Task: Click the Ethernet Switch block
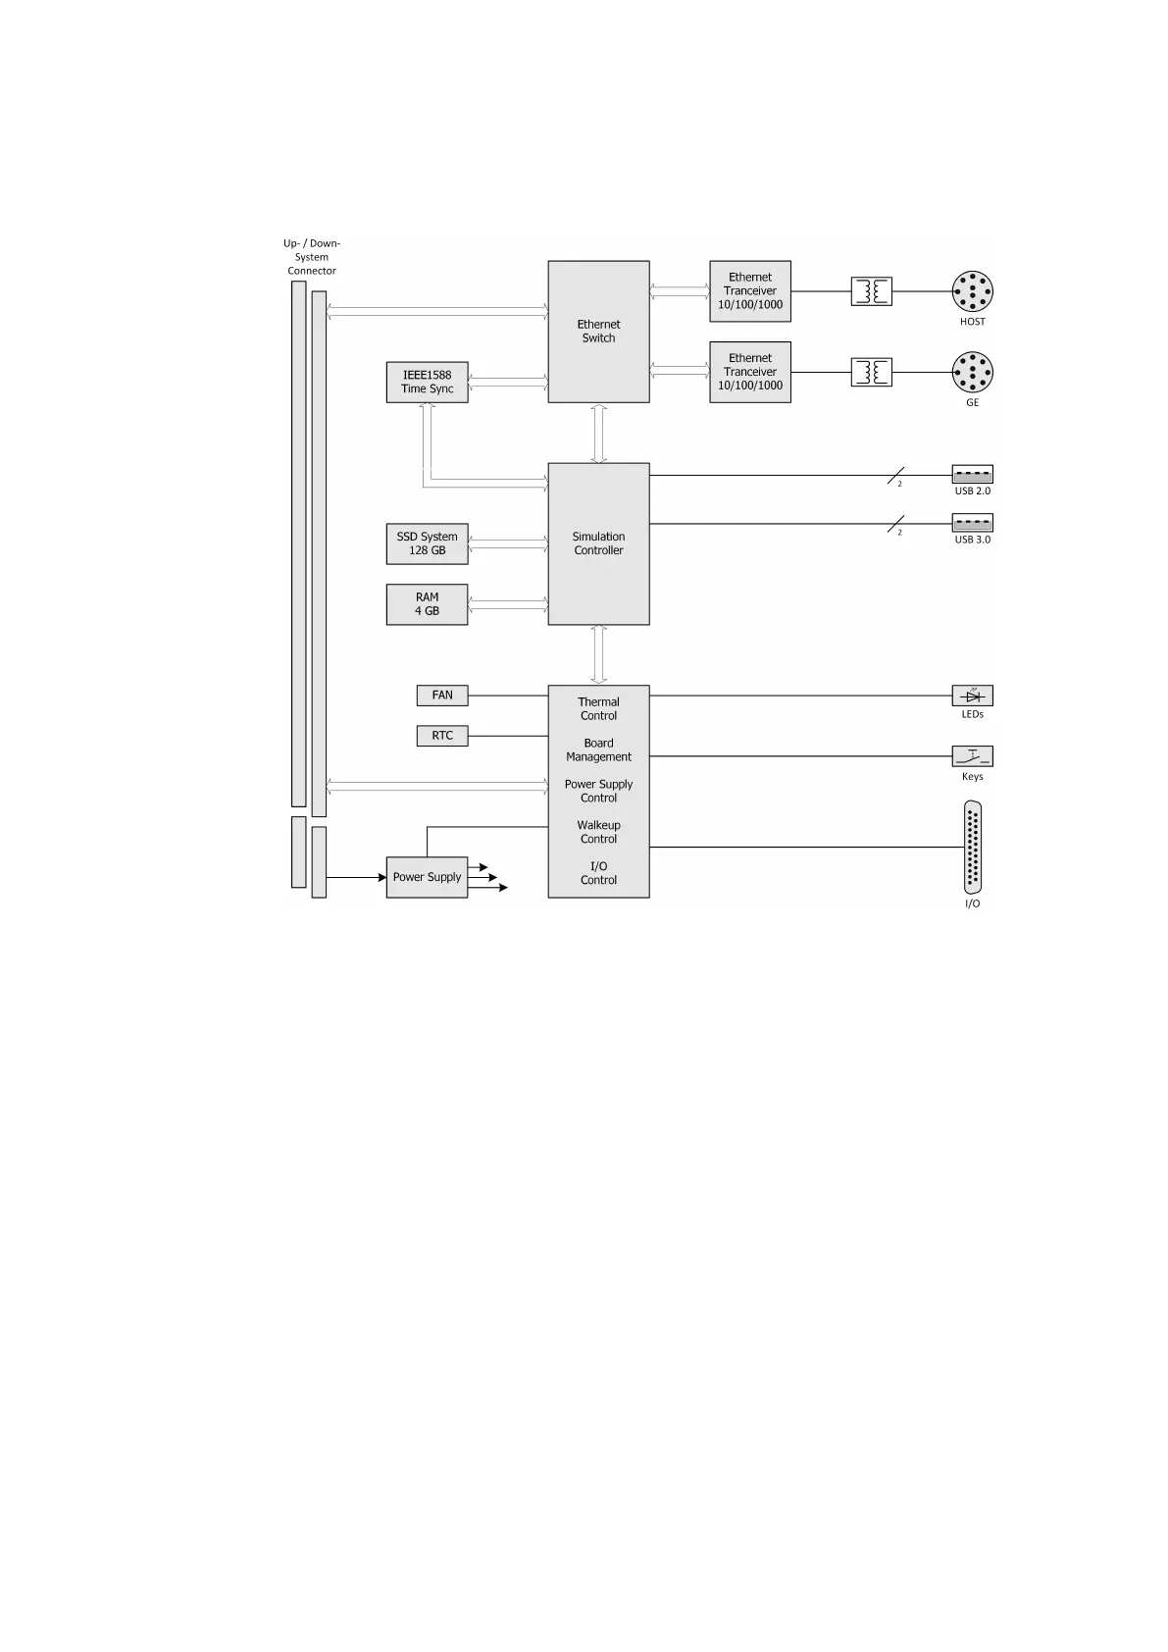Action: tap(598, 332)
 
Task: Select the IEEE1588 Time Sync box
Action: tap(427, 382)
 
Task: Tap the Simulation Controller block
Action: tap(598, 543)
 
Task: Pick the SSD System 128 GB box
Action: tap(427, 543)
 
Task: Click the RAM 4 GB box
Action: tap(427, 604)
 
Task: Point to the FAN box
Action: tap(442, 696)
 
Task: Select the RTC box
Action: tap(442, 736)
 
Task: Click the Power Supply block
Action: tap(427, 877)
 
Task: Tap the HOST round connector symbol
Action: tap(972, 291)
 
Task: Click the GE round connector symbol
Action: tap(972, 373)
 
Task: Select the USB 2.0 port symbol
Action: tap(972, 475)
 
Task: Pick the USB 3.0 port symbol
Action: tap(972, 523)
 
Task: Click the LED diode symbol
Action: tap(972, 696)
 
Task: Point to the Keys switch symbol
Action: tap(972, 756)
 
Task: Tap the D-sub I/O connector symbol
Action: tap(972, 848)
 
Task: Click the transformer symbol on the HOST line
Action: tap(871, 291)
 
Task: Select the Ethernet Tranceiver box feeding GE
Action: tap(750, 372)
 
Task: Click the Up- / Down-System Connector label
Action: tap(312, 257)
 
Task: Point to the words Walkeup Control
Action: tap(598, 832)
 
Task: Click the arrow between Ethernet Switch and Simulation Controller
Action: tap(598, 433)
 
